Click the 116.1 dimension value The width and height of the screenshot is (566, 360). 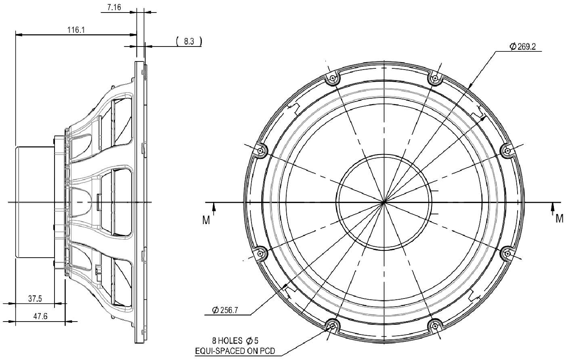pos(76,30)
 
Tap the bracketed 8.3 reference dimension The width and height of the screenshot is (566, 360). pos(189,41)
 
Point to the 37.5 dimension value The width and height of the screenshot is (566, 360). pos(35,299)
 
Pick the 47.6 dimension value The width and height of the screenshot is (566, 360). pos(39,317)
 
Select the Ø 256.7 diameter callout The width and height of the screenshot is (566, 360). pos(225,310)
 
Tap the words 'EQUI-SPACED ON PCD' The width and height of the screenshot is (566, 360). pos(235,351)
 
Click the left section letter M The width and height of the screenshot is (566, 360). pos(206,220)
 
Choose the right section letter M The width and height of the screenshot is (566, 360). pos(559,218)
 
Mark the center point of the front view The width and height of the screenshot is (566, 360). pos(384,201)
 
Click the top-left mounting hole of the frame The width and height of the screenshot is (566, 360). pos(332,78)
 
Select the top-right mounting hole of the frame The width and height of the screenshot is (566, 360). pos(435,78)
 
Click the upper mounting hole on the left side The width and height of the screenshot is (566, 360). pos(261,151)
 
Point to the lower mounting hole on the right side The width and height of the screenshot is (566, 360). pos(507,254)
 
